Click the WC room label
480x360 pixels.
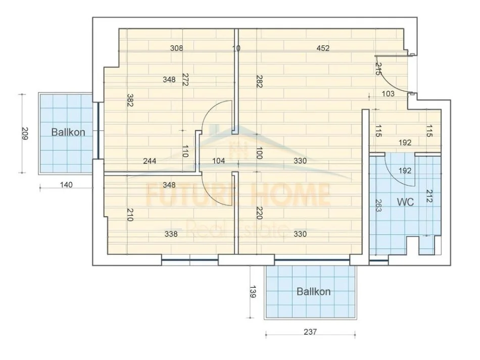pos(405,202)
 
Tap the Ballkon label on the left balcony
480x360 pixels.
pos(68,132)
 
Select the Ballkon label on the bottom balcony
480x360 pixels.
pos(313,291)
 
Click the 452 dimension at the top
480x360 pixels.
pos(323,48)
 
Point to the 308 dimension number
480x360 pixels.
pos(177,48)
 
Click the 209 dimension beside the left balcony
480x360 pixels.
pos(25,133)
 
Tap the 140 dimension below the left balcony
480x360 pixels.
pos(66,185)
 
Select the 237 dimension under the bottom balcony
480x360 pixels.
pos(310,332)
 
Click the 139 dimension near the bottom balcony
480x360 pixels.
pos(253,291)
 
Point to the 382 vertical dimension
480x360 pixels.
pos(129,100)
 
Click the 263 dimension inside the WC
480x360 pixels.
pos(378,205)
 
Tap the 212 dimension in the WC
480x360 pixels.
pos(429,196)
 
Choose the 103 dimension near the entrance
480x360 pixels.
pos(388,93)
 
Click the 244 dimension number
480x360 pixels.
pos(150,161)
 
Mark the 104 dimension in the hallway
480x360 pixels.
pos(219,161)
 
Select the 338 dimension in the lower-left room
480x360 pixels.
pos(171,234)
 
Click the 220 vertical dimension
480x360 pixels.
pos(259,213)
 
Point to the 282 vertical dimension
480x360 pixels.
pos(259,81)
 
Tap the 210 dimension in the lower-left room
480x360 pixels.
pos(129,215)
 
